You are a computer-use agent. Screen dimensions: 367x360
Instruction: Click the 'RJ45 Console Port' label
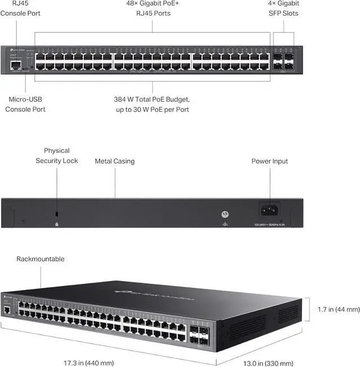[20, 8]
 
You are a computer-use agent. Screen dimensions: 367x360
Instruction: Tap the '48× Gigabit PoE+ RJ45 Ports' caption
[152, 8]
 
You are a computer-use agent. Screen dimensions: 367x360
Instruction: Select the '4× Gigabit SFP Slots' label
[283, 8]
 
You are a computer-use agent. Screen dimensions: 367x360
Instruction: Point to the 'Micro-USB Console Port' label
[25, 104]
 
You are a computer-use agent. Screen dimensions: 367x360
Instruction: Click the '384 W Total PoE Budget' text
[152, 99]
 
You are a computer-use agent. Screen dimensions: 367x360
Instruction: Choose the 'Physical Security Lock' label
[57, 156]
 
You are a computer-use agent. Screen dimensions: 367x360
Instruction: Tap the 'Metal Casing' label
[115, 161]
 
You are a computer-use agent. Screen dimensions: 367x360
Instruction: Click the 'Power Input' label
[269, 161]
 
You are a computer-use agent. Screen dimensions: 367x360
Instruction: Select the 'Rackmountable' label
[40, 259]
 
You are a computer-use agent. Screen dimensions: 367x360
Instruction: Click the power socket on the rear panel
[269, 210]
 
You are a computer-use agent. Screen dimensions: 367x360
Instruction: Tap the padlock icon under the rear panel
[57, 224]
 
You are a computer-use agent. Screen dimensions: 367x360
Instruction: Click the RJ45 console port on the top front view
[15, 65]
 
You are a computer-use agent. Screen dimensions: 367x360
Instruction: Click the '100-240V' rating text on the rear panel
[269, 224]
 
